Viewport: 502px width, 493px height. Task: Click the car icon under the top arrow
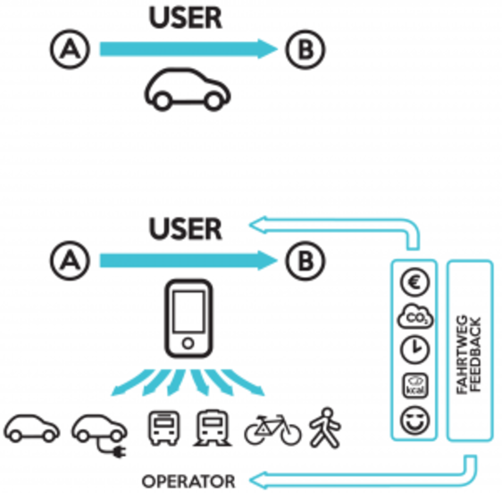coord(187,90)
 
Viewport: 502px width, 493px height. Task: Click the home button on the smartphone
coord(188,343)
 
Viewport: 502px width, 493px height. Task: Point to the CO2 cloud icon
coord(415,318)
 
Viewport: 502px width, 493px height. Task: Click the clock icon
coord(415,349)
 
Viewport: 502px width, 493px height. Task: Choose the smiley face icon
coord(415,420)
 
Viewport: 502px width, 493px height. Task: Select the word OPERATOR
coord(188,481)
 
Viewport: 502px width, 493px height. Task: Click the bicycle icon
coord(272,429)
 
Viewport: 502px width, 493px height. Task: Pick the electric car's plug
coord(118,451)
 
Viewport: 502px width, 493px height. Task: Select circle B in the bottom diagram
coord(305,261)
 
